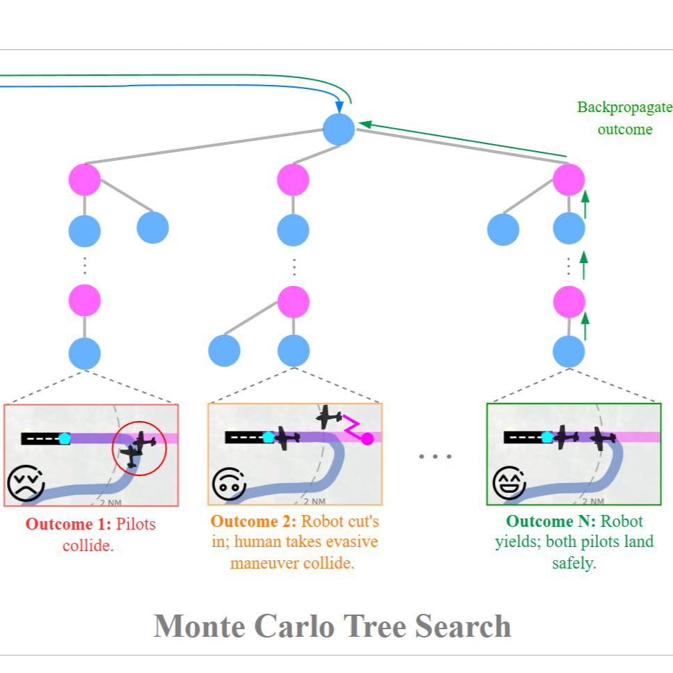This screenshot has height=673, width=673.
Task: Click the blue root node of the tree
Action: (x=339, y=129)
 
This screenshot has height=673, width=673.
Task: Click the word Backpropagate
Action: (x=624, y=108)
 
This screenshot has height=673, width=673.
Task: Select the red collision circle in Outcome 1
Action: (x=140, y=448)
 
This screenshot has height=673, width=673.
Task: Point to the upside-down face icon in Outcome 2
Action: (x=228, y=484)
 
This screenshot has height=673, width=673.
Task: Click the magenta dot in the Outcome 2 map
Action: (x=367, y=438)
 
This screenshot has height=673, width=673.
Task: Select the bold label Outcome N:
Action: (x=551, y=522)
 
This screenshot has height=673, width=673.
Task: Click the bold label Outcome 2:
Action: (x=254, y=522)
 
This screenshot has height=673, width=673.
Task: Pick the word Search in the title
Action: (x=463, y=626)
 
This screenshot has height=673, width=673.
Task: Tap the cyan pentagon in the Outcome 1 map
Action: (x=65, y=438)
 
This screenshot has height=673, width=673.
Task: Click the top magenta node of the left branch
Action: (x=84, y=180)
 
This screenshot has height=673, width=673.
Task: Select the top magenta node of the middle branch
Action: (x=293, y=180)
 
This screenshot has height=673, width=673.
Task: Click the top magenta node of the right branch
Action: (x=569, y=180)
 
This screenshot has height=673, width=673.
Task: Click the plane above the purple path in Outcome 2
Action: (x=329, y=418)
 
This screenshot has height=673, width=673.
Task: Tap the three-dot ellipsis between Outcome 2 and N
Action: (x=435, y=457)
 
